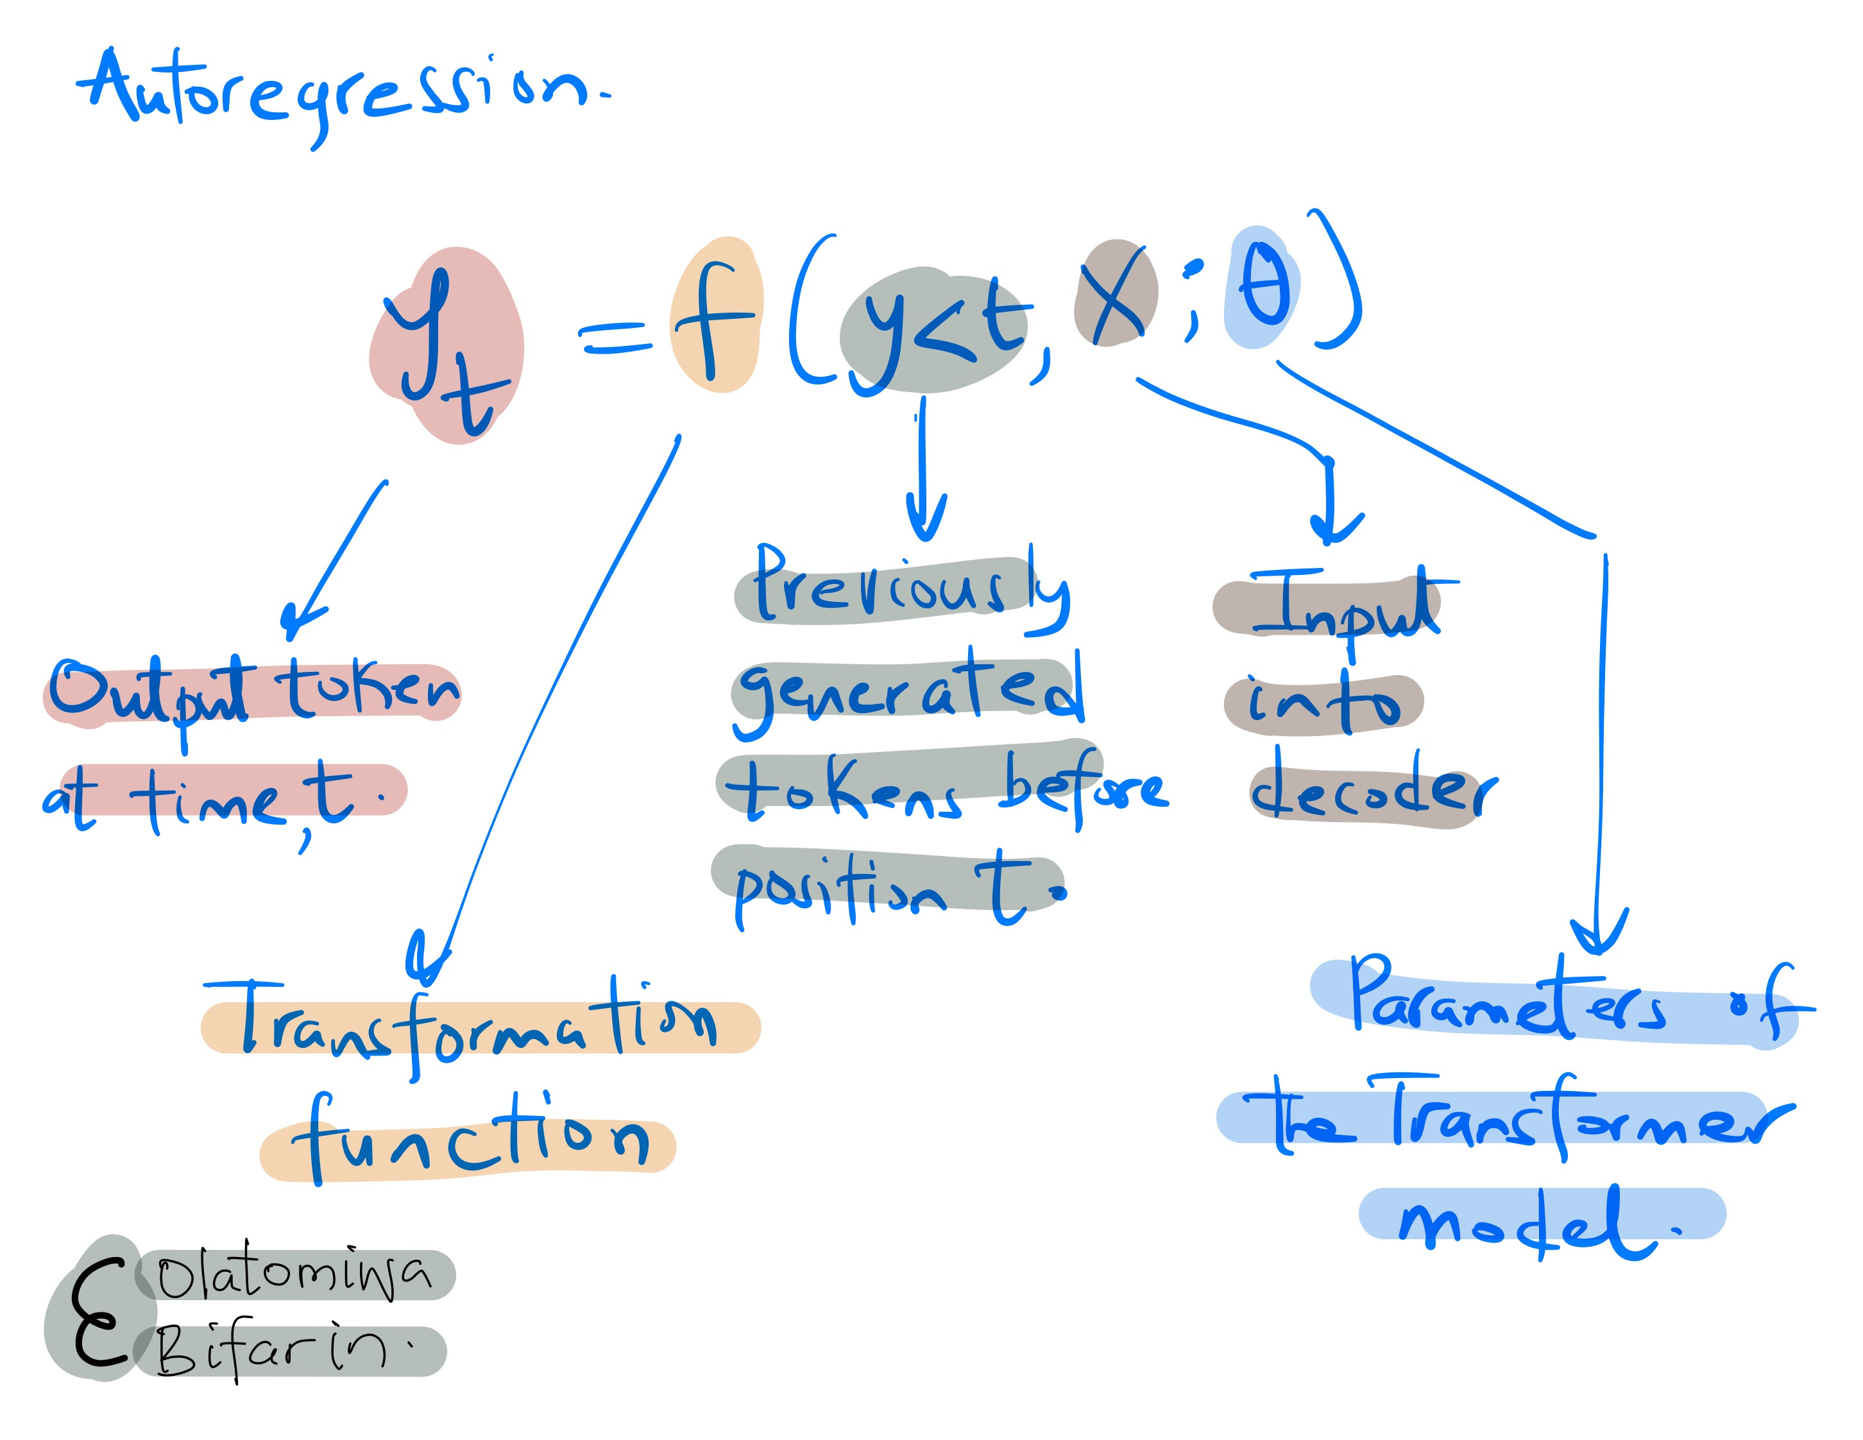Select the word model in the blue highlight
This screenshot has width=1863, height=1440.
1527,1220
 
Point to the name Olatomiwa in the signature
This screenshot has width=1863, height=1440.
294,1275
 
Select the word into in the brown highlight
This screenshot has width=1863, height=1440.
1322,704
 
